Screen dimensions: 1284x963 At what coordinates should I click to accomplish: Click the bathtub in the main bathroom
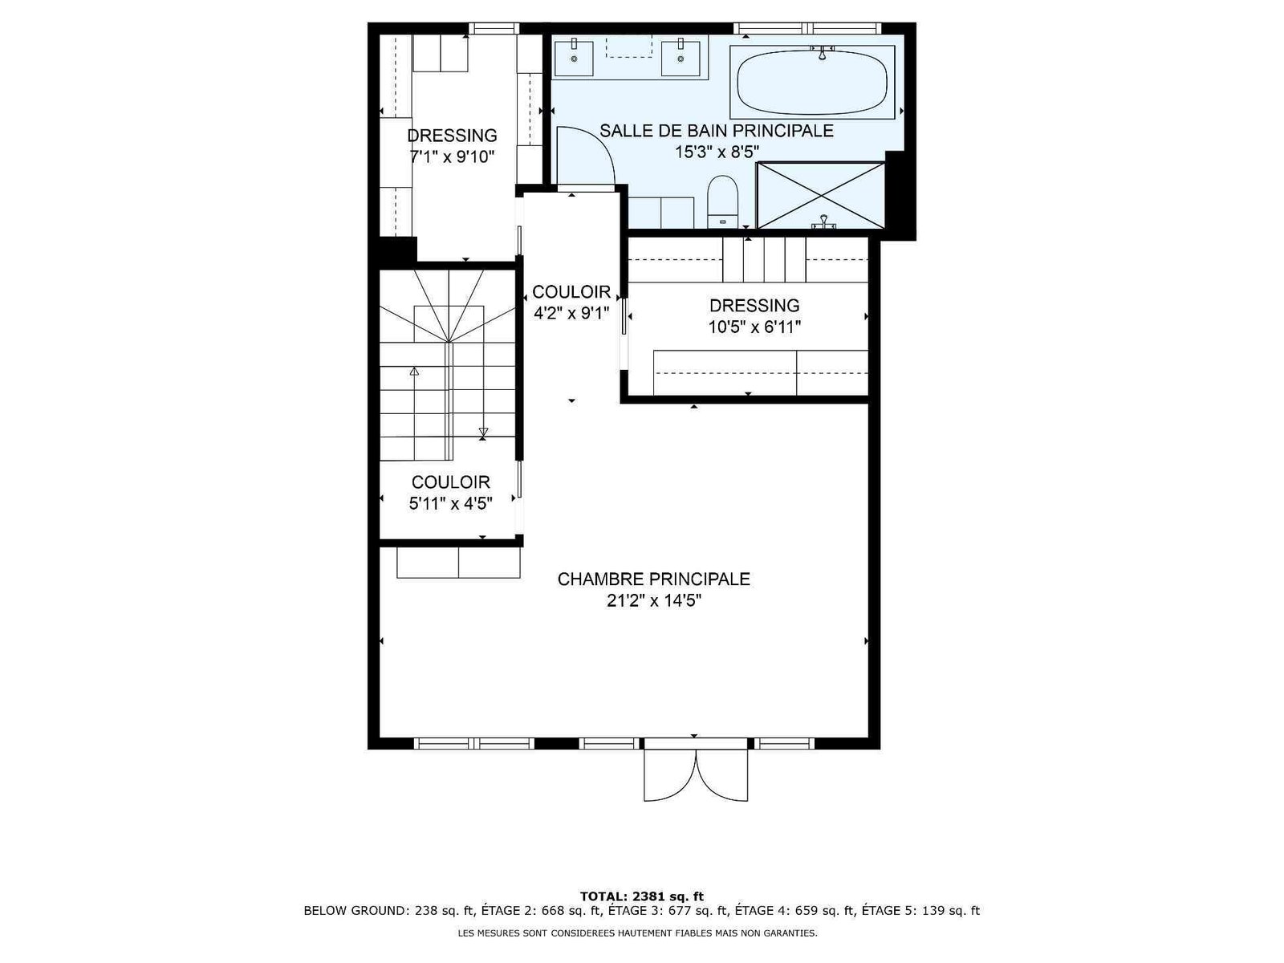click(812, 83)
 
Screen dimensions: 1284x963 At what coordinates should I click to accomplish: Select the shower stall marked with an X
click(820, 195)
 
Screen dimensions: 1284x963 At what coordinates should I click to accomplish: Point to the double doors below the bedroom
click(696, 774)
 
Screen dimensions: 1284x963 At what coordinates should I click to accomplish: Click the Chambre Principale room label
click(653, 579)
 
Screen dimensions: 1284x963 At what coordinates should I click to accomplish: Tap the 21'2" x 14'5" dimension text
click(653, 600)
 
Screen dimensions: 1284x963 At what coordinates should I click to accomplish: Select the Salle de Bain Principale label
click(717, 130)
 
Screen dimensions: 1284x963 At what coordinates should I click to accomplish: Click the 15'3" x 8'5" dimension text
click(717, 152)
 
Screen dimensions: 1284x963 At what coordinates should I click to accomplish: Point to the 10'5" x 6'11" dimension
click(754, 327)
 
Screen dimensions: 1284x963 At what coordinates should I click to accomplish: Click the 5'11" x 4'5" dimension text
click(450, 503)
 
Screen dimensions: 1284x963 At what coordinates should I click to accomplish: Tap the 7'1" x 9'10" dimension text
click(452, 156)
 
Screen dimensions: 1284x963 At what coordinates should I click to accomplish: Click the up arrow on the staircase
click(414, 371)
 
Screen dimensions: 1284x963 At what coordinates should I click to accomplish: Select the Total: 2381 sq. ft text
click(642, 896)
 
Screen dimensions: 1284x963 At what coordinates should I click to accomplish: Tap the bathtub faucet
click(822, 53)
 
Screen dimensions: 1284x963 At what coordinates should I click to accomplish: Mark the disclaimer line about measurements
click(638, 933)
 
